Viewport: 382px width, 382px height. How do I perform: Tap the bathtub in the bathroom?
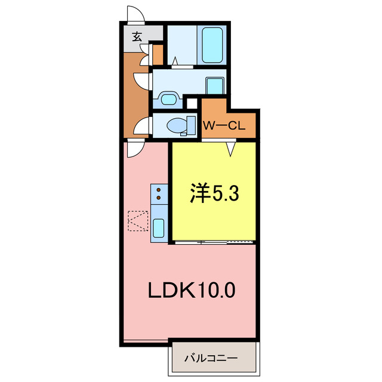(212, 44)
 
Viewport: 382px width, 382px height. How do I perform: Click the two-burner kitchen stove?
(159, 193)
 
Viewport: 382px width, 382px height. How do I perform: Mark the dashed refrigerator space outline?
(137, 221)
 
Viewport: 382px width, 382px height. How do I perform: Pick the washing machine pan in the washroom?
(214, 86)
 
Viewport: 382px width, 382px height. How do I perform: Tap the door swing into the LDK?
(133, 147)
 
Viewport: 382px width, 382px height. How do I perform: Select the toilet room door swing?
(141, 125)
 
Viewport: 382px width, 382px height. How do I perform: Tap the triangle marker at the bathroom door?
(176, 60)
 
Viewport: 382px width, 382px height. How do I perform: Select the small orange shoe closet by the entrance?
(158, 54)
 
